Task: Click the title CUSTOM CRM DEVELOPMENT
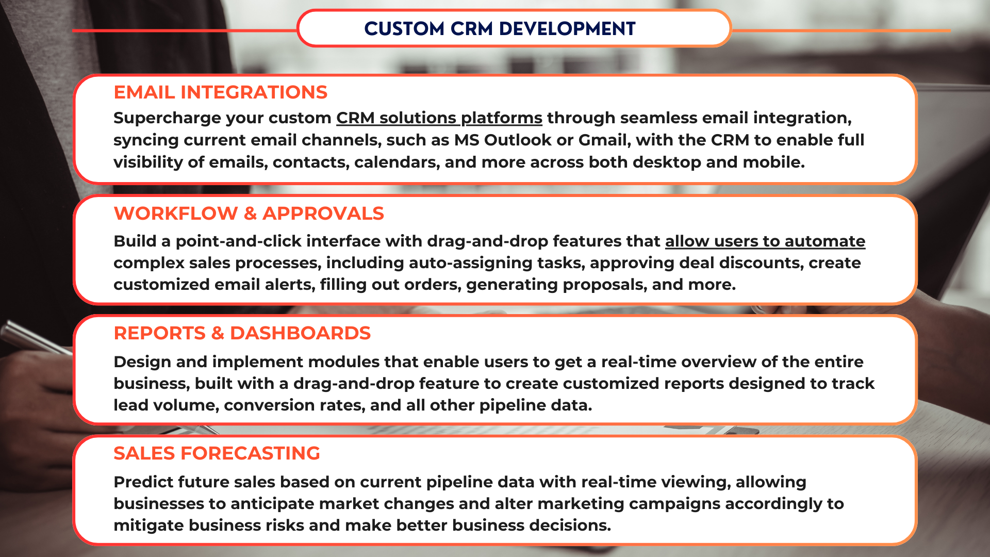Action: pyautogui.click(x=500, y=29)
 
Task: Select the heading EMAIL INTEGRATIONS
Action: pyautogui.click(x=221, y=92)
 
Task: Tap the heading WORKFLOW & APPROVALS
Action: pyautogui.click(x=249, y=214)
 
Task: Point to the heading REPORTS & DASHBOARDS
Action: pyautogui.click(x=242, y=333)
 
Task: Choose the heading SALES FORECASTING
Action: pyautogui.click(x=217, y=453)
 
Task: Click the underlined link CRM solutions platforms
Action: pyautogui.click(x=439, y=118)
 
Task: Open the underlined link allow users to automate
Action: pyautogui.click(x=765, y=241)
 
